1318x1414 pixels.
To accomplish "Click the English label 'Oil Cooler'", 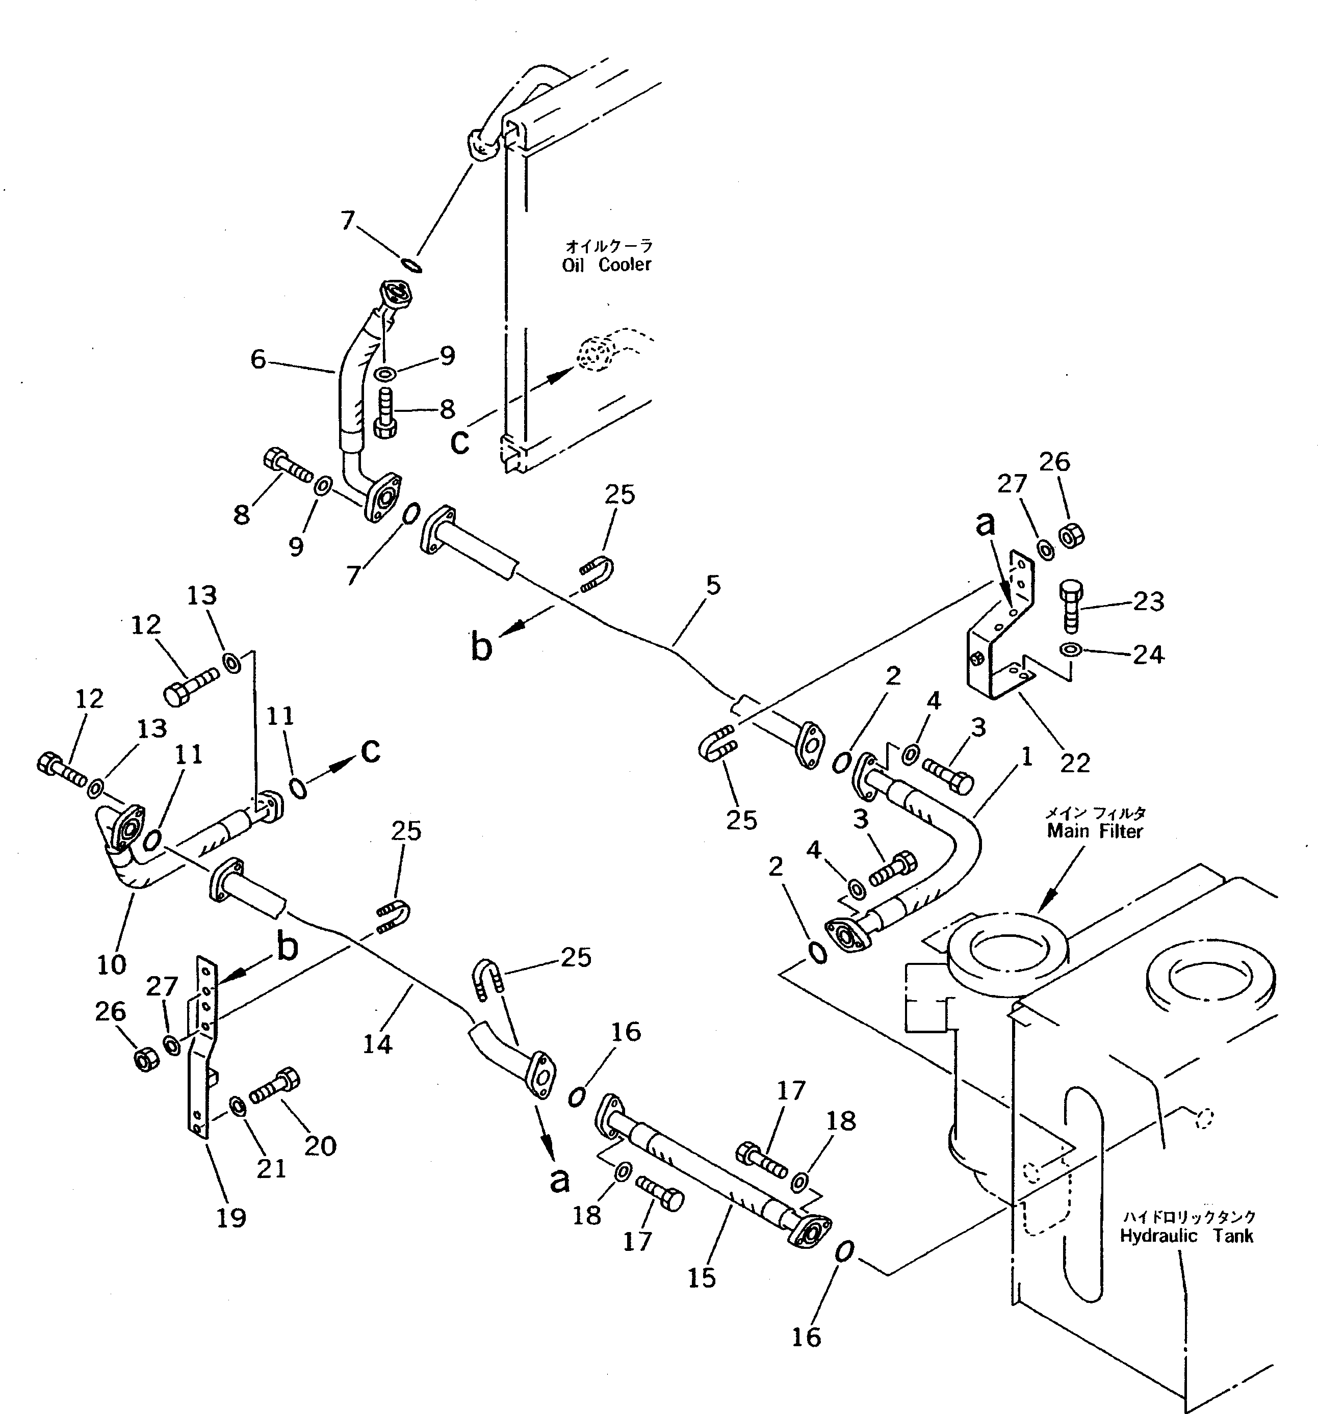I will tap(606, 265).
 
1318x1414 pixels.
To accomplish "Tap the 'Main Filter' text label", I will tap(1094, 831).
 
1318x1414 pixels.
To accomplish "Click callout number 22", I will tap(1075, 763).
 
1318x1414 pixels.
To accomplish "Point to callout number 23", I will tap(1149, 601).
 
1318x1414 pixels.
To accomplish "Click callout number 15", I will tap(702, 1277).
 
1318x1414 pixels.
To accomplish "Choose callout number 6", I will tap(257, 360).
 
